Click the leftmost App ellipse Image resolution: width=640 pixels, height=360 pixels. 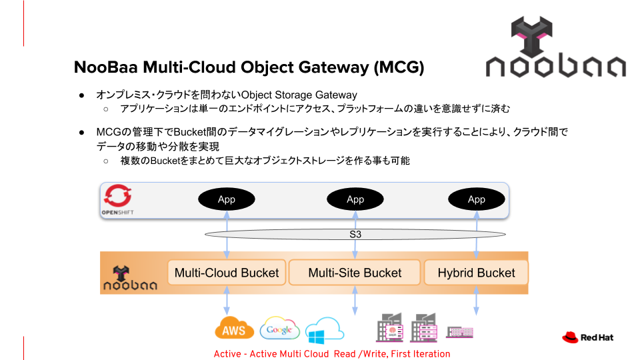click(227, 199)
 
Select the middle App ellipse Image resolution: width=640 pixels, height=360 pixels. click(355, 199)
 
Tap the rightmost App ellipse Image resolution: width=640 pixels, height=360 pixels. click(476, 199)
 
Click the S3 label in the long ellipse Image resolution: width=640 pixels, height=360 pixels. click(355, 235)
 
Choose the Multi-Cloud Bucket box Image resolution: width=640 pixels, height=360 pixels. click(227, 273)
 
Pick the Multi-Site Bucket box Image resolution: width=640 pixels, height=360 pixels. click(355, 273)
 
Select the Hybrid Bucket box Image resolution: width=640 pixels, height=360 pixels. click(476, 273)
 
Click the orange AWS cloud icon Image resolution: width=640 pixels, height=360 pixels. click(234, 328)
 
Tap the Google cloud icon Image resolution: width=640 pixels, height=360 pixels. click(279, 329)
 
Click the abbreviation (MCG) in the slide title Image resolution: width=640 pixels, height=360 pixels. click(399, 68)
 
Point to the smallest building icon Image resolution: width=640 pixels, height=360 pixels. click(459, 331)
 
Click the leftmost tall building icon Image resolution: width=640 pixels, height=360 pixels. click(390, 328)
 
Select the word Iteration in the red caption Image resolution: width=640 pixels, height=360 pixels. click(429, 354)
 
